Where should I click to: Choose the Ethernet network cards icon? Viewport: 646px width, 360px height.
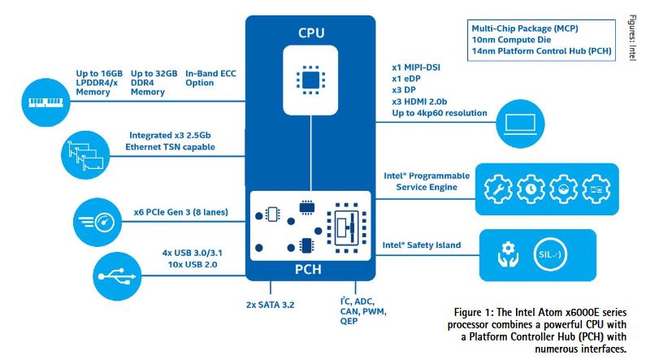point(85,152)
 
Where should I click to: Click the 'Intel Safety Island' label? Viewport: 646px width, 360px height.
point(422,245)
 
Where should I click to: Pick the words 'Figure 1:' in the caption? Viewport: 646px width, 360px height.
point(473,313)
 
